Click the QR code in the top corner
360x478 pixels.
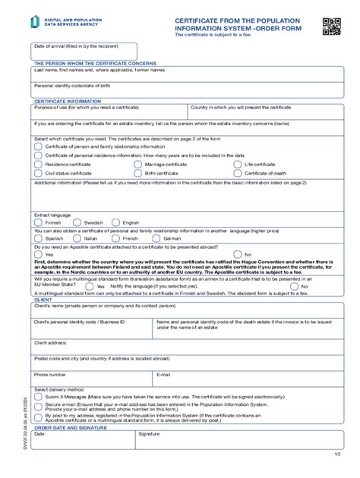332,26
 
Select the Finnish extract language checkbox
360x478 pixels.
38,223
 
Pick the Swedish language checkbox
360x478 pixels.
77,223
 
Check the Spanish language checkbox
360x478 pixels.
38,238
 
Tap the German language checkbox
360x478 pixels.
156,238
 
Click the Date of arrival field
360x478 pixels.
84,52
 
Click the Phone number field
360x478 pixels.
92,379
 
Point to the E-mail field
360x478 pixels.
242,379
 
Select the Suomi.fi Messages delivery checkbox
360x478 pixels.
39,396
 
